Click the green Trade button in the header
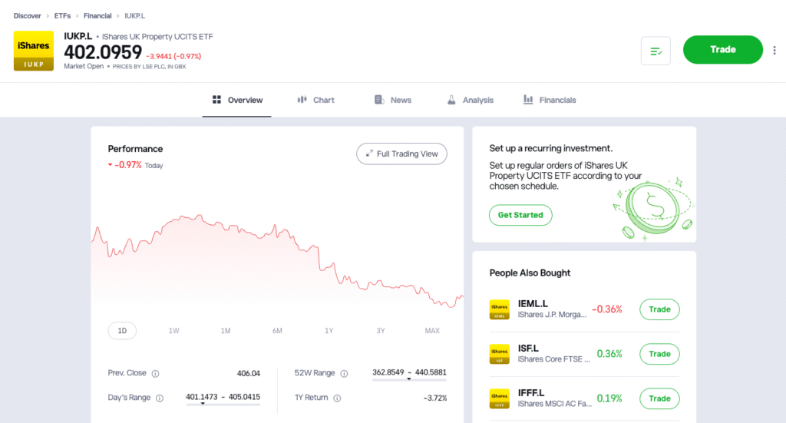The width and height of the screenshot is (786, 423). tap(722, 50)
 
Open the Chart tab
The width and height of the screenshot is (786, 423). tap(315, 100)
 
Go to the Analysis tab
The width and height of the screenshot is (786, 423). tap(470, 100)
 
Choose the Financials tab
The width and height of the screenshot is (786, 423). tap(550, 100)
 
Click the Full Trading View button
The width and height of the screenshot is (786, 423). tap(401, 154)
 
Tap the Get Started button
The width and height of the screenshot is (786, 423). tap(520, 215)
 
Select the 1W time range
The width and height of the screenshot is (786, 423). tap(174, 331)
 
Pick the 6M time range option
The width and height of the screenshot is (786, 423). tap(277, 331)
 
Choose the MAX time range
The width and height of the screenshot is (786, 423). tap(432, 331)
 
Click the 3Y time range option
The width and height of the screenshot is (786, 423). tap(381, 331)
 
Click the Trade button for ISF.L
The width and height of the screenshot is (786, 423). tap(659, 354)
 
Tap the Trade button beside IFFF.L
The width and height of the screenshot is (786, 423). tap(659, 398)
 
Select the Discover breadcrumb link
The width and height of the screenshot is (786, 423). tap(28, 15)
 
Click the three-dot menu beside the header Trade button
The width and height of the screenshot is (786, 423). tap(774, 51)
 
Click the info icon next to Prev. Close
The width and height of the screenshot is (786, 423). tap(155, 374)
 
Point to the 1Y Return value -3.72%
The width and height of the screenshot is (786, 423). tap(434, 398)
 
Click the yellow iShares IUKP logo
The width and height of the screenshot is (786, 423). tap(34, 51)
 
